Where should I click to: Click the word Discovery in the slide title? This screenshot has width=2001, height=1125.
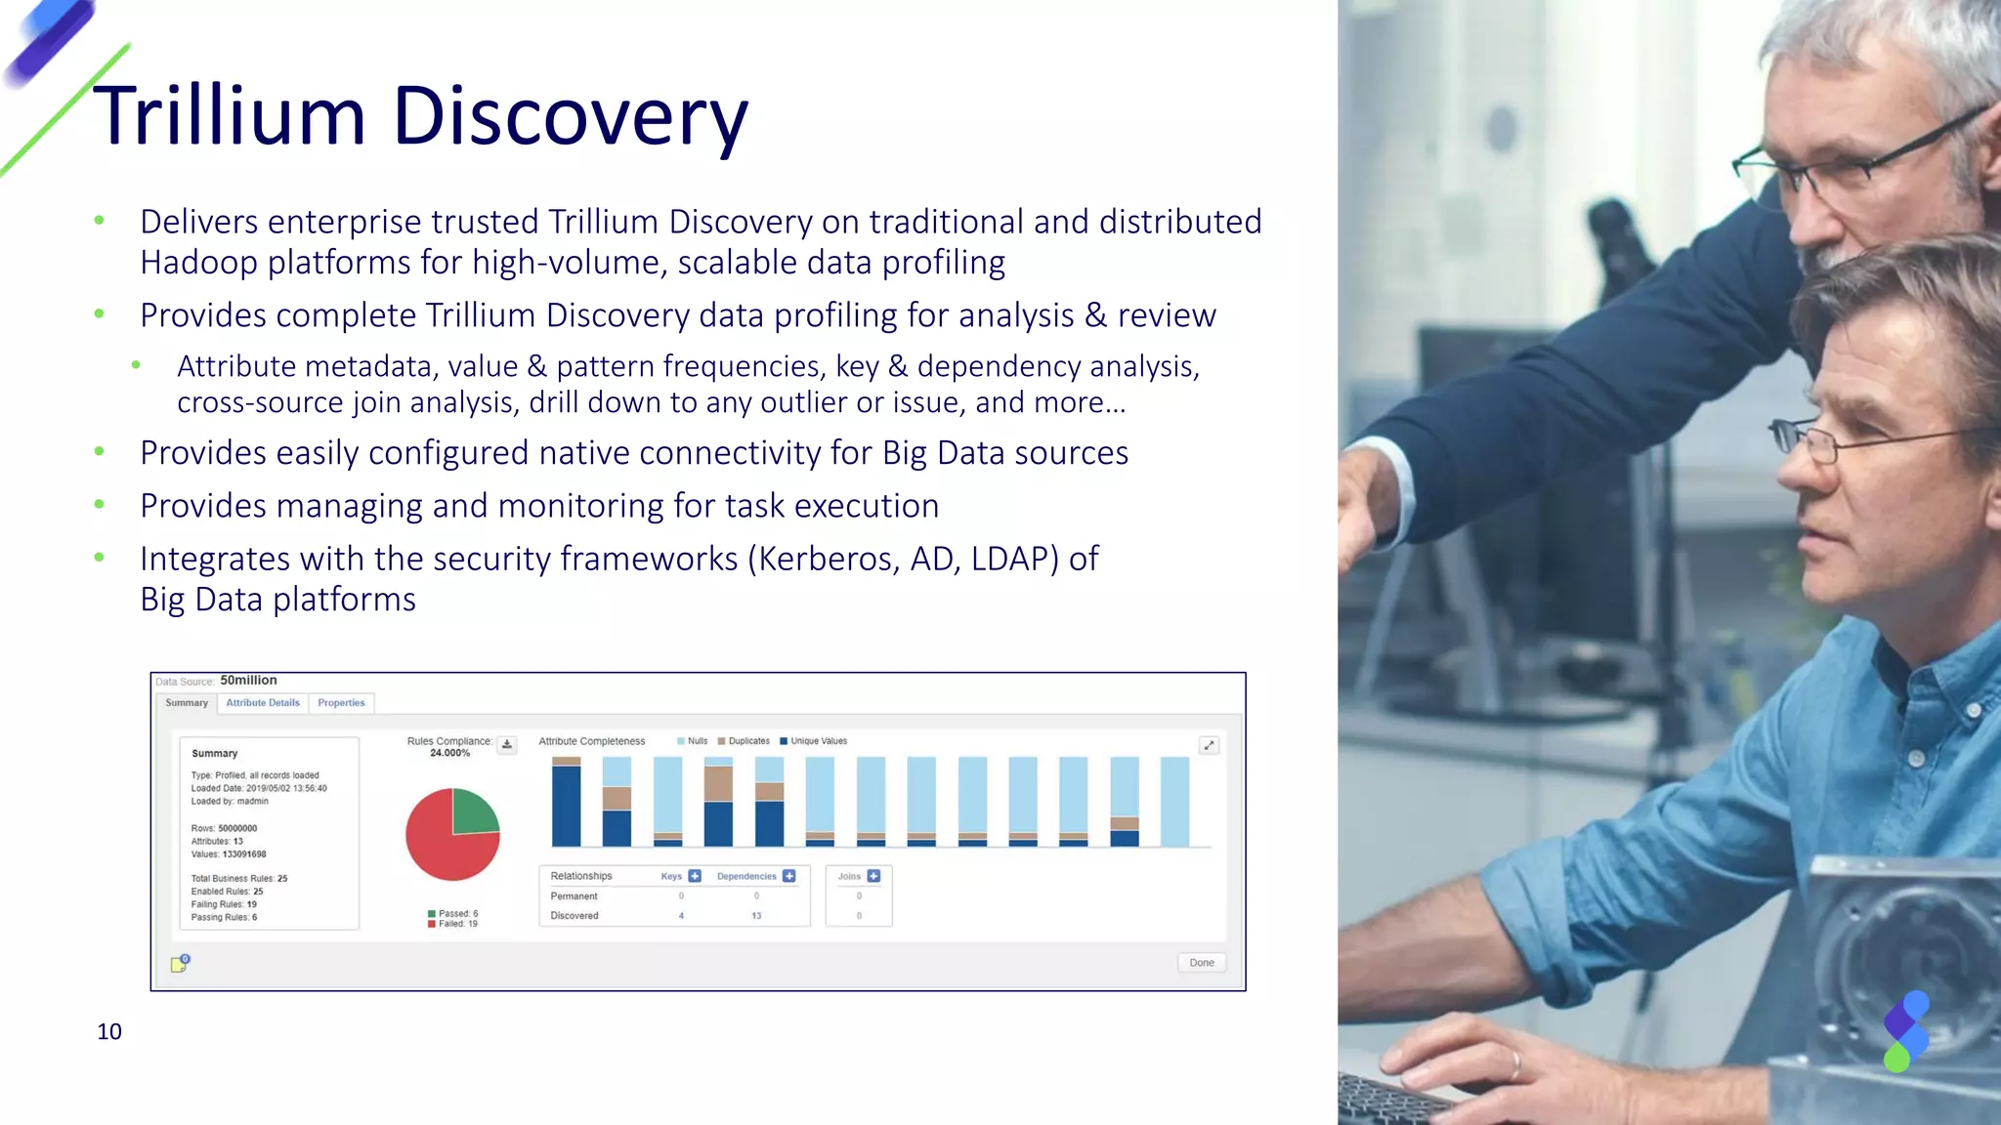tap(570, 116)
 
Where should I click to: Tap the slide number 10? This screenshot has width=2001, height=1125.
tap(109, 1031)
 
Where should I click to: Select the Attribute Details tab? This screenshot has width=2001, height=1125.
tap(263, 703)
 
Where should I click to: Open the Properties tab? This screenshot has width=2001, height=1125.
tap(341, 703)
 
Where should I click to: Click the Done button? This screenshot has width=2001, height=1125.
tap(1201, 963)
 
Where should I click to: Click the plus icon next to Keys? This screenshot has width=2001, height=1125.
tap(695, 876)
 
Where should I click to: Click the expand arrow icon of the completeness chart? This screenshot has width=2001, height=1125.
tap(1209, 745)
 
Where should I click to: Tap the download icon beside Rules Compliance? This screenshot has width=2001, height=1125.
tap(507, 745)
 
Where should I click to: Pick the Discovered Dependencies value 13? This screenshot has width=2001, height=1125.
tap(756, 916)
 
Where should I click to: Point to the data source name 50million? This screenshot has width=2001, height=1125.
tap(248, 681)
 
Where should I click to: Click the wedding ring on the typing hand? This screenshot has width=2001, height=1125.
tap(1516, 1062)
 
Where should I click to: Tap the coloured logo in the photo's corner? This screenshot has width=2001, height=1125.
tap(1905, 1031)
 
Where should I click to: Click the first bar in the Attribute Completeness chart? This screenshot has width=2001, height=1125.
tap(567, 803)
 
